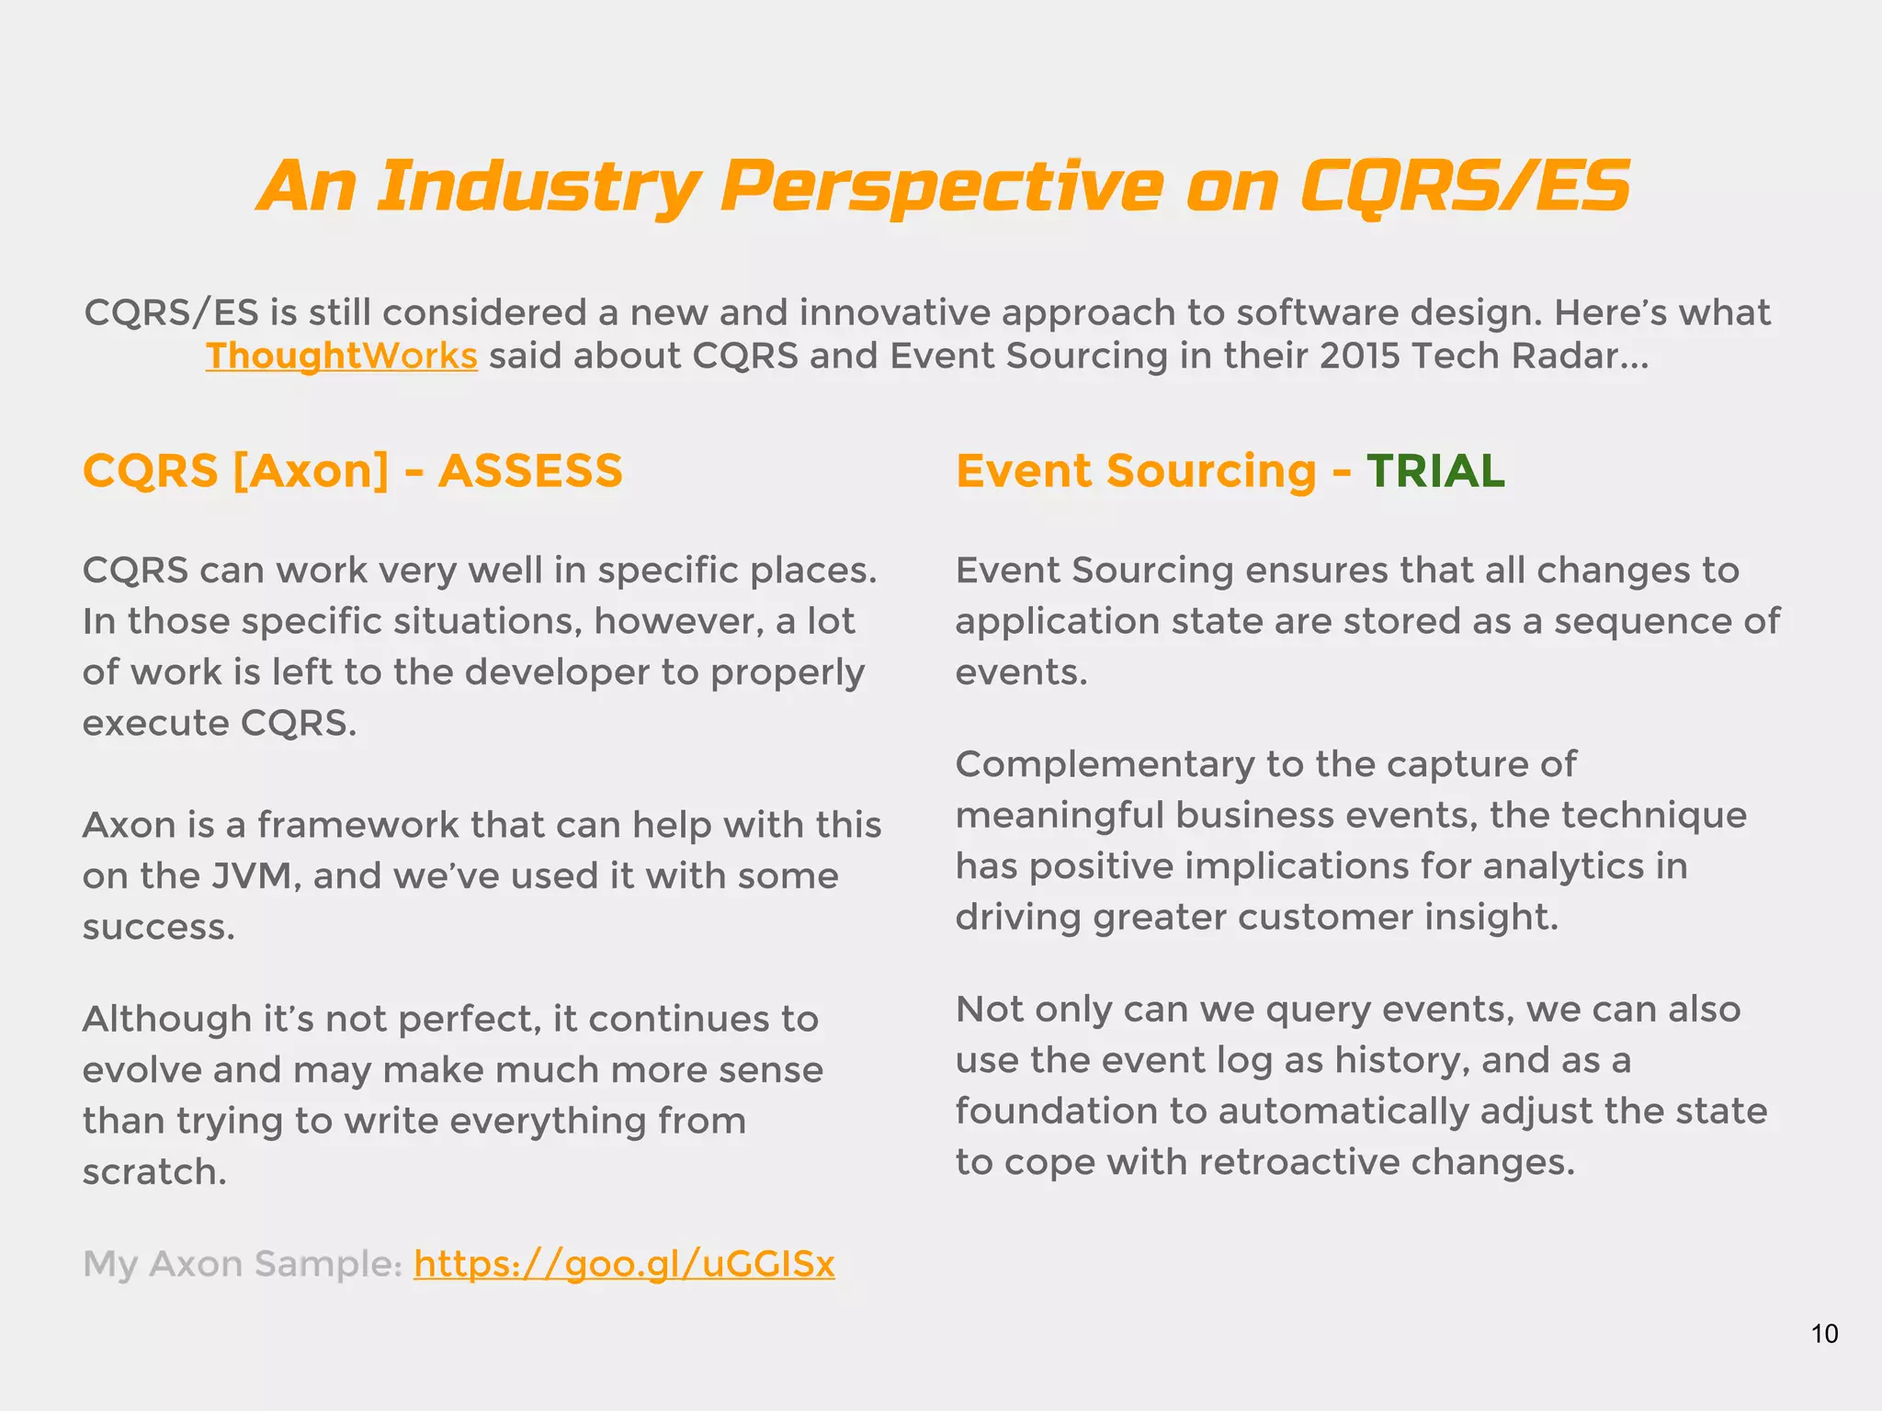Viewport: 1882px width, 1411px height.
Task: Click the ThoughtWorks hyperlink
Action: point(341,356)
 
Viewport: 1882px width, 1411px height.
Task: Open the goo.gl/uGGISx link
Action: point(624,1264)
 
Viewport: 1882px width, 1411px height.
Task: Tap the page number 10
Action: point(1824,1334)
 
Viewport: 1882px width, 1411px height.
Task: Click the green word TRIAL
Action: point(1435,471)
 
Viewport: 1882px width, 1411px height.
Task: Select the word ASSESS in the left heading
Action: point(530,471)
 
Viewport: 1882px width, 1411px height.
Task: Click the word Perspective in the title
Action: point(941,186)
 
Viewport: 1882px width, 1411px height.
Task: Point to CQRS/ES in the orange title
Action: point(1465,186)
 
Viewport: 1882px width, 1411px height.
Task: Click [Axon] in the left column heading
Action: point(312,471)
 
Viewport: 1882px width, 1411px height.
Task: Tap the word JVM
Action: point(255,876)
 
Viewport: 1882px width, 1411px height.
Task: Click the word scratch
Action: point(153,1172)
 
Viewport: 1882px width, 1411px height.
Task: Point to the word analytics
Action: point(1563,866)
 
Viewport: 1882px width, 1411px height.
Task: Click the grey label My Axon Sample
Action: point(242,1264)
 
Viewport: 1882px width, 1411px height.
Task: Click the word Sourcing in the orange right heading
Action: point(1211,471)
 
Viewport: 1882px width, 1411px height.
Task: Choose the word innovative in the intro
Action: point(894,313)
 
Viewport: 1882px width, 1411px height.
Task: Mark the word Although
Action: point(166,1020)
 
